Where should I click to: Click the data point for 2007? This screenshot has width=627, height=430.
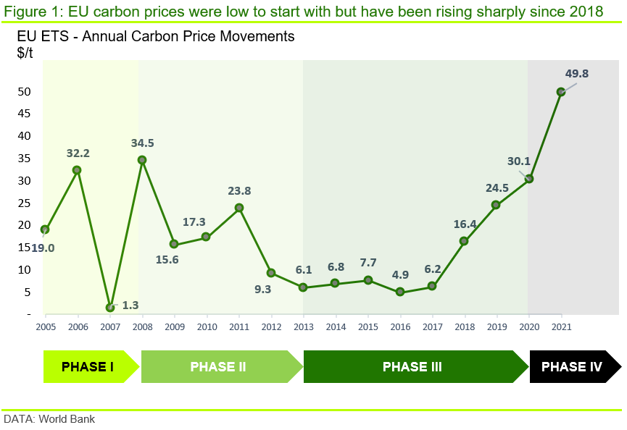(x=110, y=308)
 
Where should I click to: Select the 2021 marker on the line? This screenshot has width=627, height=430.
(x=561, y=92)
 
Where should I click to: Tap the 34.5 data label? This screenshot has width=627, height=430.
(x=142, y=143)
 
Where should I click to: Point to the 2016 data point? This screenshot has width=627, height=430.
(x=400, y=292)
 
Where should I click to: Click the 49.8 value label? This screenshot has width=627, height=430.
(x=576, y=73)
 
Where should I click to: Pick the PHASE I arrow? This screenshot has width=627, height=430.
(x=91, y=366)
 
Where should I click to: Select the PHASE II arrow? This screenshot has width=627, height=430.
(x=223, y=366)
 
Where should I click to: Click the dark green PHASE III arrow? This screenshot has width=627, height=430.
(x=416, y=366)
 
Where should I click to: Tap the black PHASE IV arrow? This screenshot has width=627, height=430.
(x=576, y=366)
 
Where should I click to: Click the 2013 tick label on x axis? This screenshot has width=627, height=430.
(x=304, y=327)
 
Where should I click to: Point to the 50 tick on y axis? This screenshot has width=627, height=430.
(x=24, y=92)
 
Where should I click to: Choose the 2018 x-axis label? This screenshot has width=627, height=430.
(x=465, y=327)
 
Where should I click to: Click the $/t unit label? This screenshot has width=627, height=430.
(x=25, y=53)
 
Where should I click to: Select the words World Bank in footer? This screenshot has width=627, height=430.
(x=67, y=419)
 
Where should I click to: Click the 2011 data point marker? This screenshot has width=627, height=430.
(x=239, y=208)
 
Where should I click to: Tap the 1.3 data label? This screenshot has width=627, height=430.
(x=130, y=305)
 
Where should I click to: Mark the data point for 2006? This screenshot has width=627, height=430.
(x=77, y=170)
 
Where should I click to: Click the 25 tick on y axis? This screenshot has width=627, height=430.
(x=24, y=203)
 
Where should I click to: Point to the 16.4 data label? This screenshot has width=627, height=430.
(x=465, y=224)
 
